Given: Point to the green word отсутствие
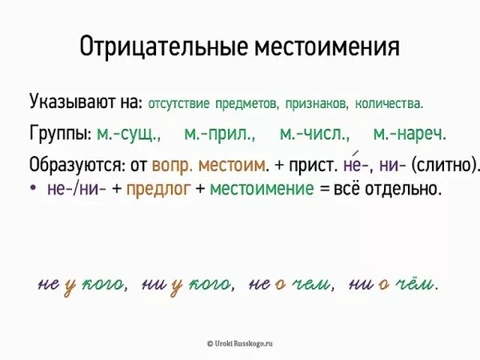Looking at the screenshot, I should pos(185,104).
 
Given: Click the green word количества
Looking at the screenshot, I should pos(390,104).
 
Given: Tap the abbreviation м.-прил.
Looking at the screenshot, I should pos(219,134).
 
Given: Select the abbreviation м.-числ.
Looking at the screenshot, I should pos(314,134).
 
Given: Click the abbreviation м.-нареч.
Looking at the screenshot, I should pos(410,134).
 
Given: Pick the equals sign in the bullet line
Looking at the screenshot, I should pos(323,190).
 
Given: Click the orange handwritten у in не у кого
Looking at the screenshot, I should pos(70,286).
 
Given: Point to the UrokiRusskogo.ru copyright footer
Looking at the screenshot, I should pos(240,342).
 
